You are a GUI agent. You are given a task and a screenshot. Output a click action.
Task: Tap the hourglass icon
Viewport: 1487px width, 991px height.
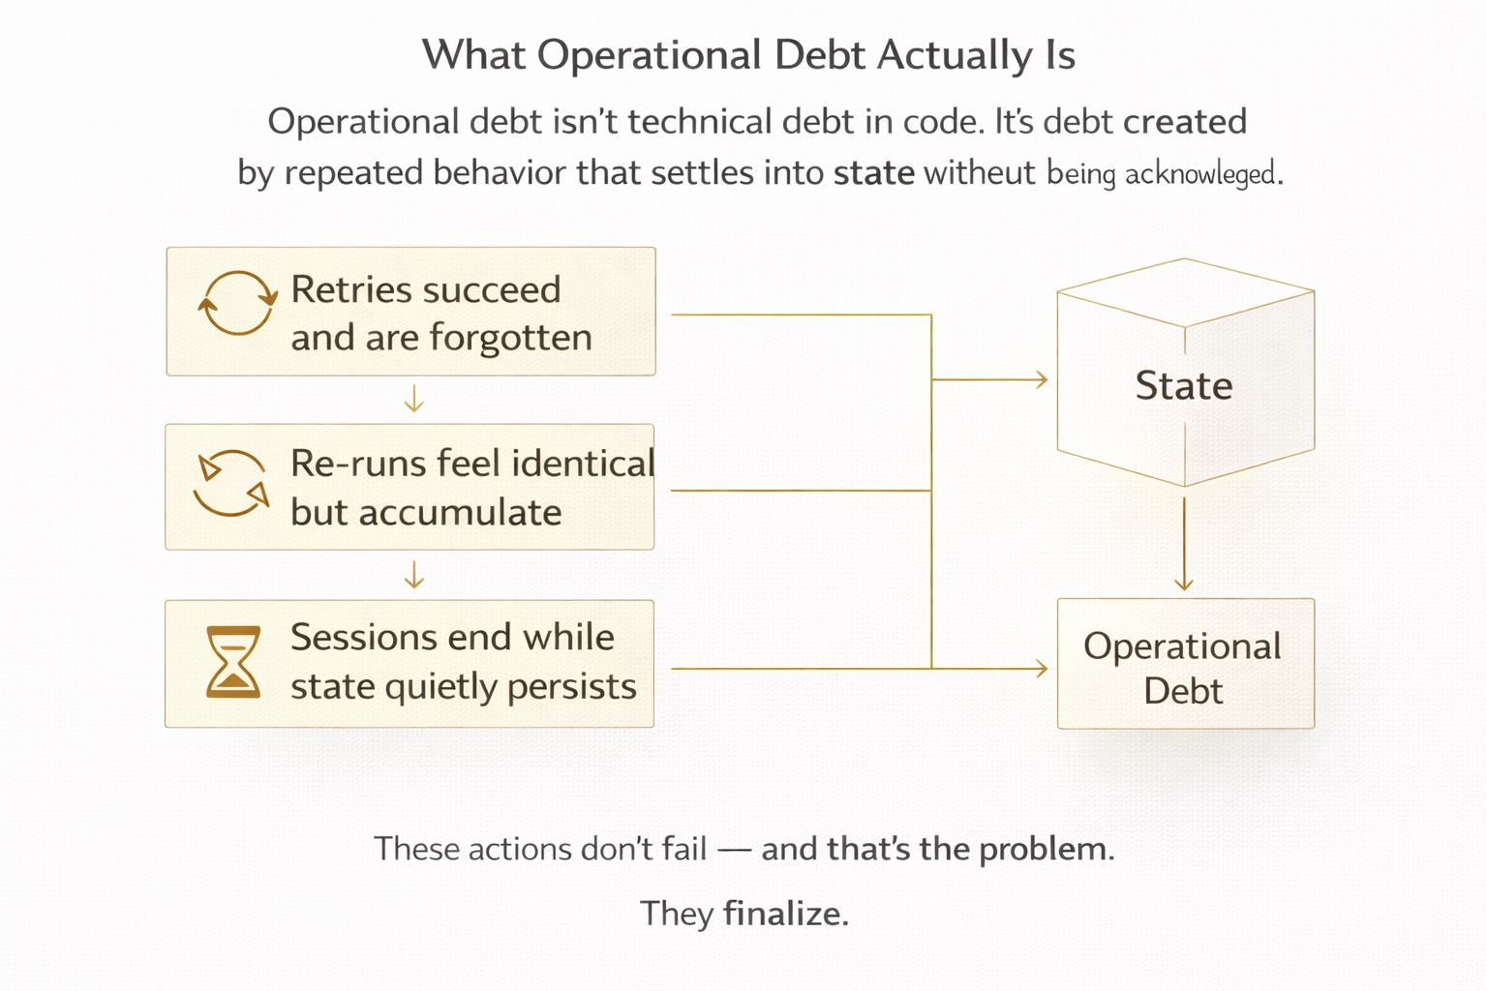233,663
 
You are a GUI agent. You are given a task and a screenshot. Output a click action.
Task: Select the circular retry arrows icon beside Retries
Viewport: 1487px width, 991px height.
236,304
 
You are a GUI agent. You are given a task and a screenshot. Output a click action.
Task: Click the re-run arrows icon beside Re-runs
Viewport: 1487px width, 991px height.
230,483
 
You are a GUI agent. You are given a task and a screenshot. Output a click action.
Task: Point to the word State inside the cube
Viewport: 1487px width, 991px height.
1183,385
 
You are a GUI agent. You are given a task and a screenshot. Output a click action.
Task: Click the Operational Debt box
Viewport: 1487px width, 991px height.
1184,664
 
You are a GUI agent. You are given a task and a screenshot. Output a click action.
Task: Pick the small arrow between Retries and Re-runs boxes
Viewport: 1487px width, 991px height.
413,399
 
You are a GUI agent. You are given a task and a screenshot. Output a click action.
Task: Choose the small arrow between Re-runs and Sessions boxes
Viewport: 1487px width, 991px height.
413,575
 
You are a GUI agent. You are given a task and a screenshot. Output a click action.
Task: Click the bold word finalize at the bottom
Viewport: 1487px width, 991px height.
785,913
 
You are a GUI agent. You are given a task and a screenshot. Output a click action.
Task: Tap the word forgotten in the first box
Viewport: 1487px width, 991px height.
510,338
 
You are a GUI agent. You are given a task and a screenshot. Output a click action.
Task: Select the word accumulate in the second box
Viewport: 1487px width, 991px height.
459,512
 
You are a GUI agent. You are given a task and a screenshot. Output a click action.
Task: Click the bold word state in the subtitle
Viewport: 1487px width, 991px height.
873,173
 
